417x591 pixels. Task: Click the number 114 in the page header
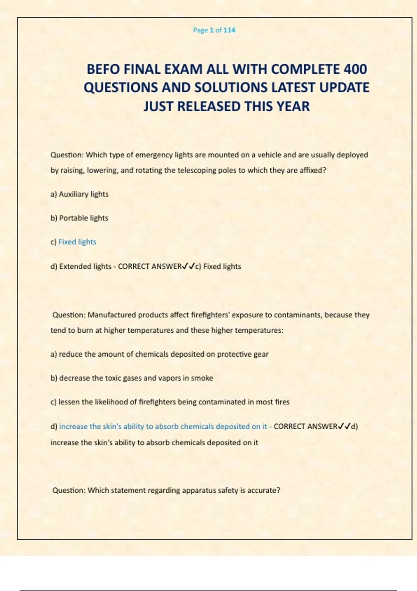coord(229,30)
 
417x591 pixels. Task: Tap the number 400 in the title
coord(355,70)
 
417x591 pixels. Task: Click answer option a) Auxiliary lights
coord(80,194)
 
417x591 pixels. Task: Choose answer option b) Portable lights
coord(80,218)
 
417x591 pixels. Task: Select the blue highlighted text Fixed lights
coord(77,242)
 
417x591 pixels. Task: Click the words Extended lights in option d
coord(85,267)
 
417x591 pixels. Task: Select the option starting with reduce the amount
coord(160,354)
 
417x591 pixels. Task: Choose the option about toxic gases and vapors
coord(132,378)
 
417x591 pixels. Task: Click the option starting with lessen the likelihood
coord(170,402)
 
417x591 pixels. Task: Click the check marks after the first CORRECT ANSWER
coord(188,267)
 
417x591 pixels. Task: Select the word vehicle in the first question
coord(269,155)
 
